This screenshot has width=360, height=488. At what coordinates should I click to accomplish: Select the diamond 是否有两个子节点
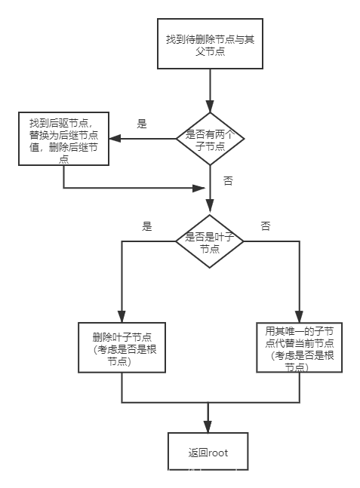(211, 138)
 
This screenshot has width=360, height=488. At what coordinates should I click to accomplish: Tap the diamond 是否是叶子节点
(211, 241)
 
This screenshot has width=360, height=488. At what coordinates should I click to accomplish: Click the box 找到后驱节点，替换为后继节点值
(63, 138)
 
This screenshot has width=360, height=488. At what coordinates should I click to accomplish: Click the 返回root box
(208, 453)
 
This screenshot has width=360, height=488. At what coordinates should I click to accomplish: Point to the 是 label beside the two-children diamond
(141, 123)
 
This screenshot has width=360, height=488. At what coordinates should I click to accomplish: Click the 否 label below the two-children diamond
(227, 182)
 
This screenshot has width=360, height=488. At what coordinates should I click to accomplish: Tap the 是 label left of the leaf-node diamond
(147, 226)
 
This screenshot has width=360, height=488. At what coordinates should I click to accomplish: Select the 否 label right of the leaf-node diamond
(266, 226)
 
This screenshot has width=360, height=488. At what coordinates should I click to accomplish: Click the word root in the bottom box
(218, 453)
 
